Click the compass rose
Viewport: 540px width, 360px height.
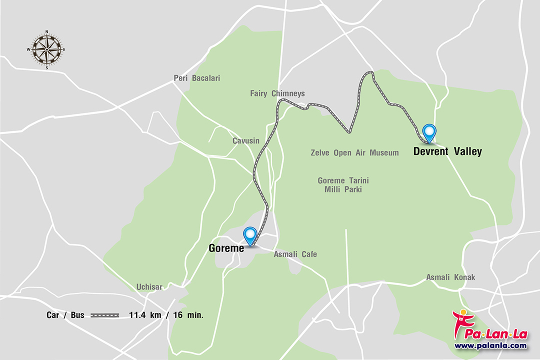pos(46,49)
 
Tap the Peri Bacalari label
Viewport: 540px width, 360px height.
pos(196,78)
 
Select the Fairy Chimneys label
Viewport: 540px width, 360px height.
pos(277,93)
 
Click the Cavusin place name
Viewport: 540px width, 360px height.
pos(246,141)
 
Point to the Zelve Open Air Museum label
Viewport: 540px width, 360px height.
pos(355,152)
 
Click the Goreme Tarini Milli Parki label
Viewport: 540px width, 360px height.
pos(343,185)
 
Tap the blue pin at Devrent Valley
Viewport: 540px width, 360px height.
pos(429,133)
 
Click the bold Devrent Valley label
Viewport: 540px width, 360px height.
pos(447,151)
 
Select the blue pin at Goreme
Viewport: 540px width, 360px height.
pos(249,235)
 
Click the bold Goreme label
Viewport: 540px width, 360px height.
pos(226,247)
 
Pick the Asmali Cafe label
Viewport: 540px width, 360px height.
pos(295,254)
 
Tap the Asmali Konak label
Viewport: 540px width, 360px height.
pos(450,277)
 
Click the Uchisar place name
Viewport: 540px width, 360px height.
pos(149,287)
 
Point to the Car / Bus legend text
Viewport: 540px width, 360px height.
pos(65,315)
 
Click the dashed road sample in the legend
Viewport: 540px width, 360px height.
pos(105,315)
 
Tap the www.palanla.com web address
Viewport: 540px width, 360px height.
pos(490,345)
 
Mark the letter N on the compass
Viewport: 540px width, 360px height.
pos(47,31)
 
